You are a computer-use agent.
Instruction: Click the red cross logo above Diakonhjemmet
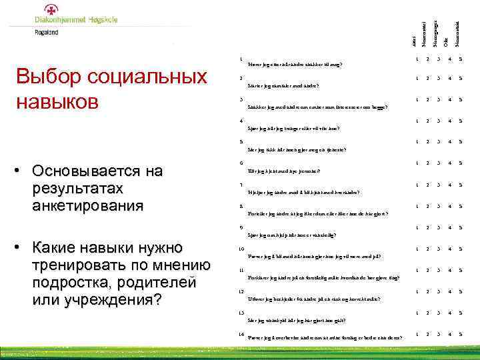(51, 9)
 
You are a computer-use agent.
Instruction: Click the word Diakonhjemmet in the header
(61, 20)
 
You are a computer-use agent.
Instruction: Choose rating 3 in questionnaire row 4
(437, 121)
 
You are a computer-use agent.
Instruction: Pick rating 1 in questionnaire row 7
(415, 185)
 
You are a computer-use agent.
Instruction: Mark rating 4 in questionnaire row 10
(450, 249)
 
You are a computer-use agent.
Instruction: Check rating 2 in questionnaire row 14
(426, 333)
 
